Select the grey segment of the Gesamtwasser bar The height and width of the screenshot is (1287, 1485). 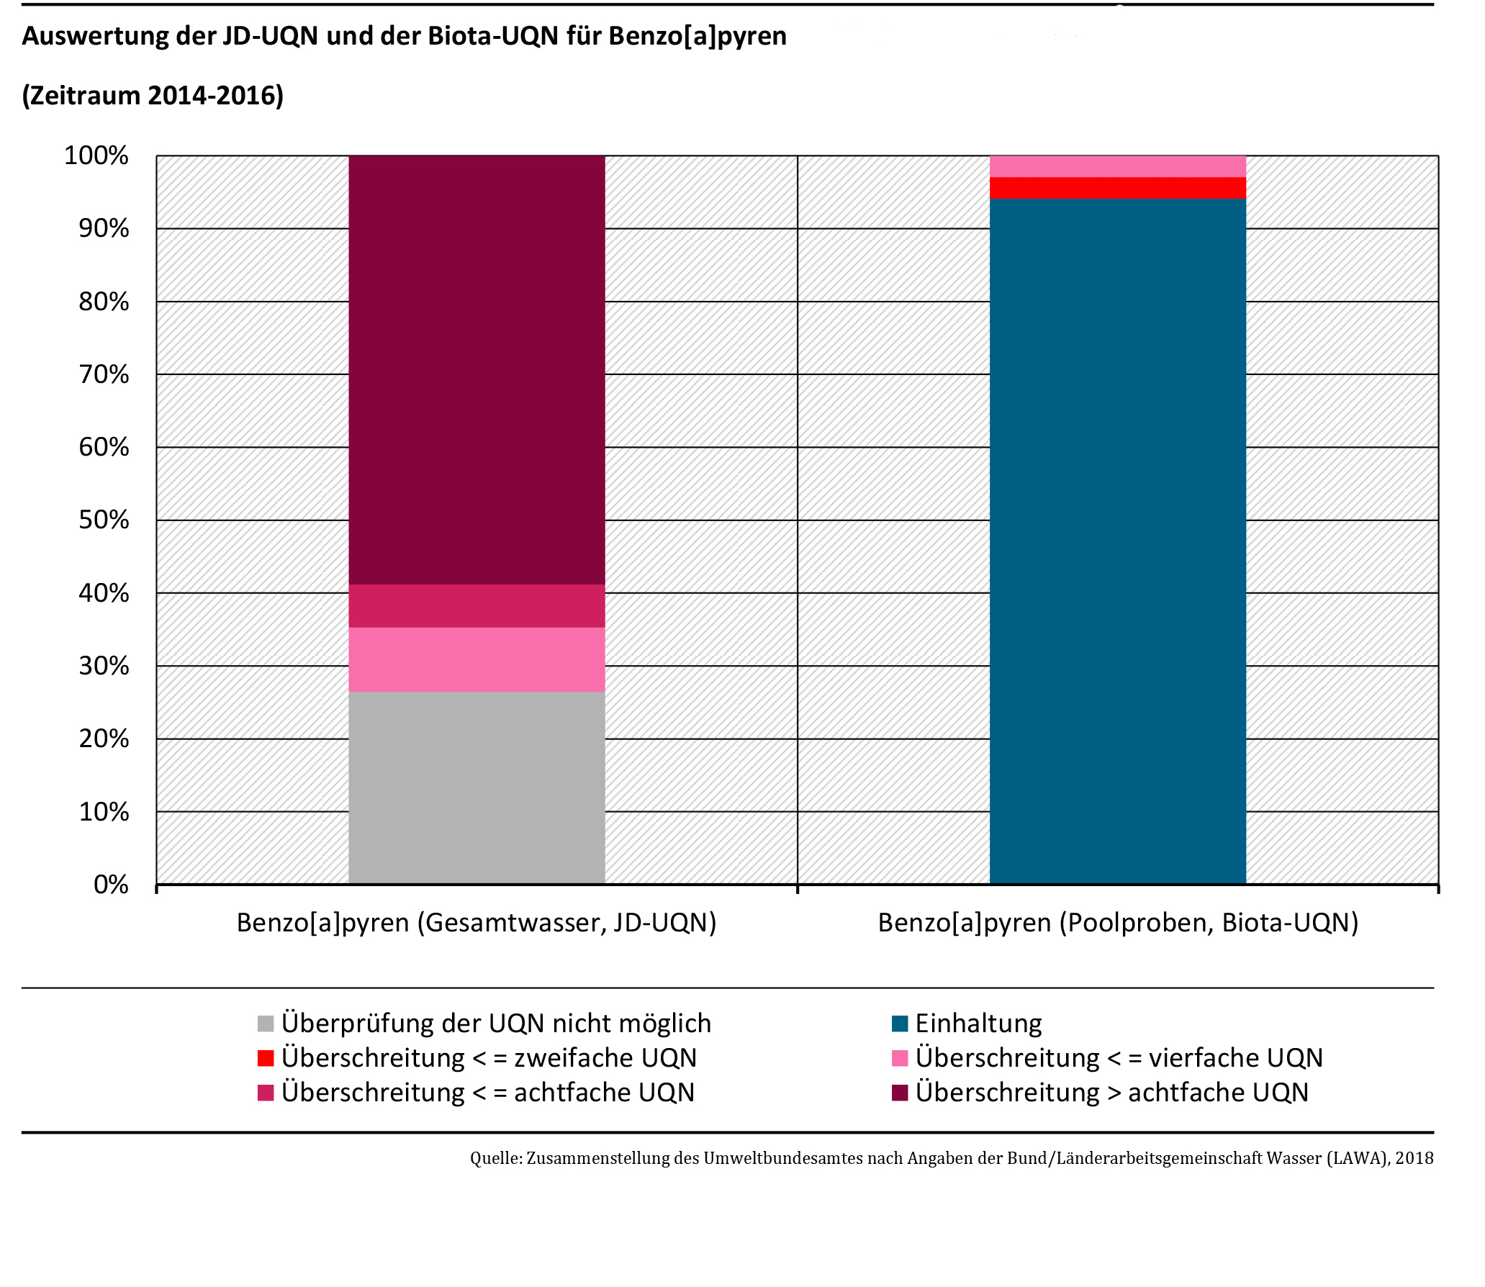477,787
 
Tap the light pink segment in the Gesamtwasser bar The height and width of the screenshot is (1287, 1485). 477,659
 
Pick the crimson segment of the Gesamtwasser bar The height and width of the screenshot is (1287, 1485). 477,606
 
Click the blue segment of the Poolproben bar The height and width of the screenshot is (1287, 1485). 1117,540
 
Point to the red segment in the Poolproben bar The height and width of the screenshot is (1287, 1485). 1117,188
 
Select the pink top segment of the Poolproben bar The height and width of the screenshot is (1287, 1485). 1117,166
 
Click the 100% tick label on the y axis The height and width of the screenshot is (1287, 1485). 96,155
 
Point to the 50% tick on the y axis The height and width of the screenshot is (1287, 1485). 104,520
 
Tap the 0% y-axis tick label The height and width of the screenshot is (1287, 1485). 111,884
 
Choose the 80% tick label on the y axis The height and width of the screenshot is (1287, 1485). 104,301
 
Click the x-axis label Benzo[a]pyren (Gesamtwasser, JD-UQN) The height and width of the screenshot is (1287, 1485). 477,922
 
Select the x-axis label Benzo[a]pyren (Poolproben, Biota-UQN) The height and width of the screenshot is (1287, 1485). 1118,922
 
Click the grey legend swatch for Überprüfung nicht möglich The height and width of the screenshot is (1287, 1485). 266,1024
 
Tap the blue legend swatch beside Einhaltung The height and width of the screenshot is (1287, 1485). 900,1024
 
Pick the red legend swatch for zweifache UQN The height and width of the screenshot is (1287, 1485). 266,1058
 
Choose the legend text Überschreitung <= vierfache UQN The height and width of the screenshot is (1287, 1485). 1119,1058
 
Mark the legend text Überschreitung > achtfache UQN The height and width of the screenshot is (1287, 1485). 1112,1093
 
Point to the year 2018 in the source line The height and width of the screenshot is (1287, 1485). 1414,1158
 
